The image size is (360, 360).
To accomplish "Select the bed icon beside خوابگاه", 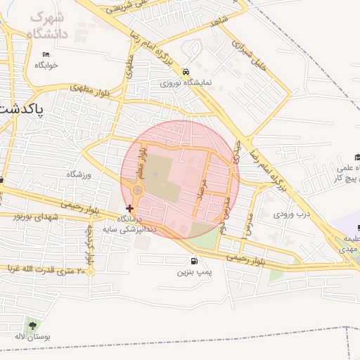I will [x=46, y=54].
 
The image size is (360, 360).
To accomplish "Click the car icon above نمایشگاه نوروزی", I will [x=185, y=72].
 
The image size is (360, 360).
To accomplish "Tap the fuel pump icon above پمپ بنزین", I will [x=193, y=262].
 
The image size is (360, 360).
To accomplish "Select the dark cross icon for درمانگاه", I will [x=129, y=208].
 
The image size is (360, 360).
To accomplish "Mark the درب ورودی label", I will [x=292, y=213].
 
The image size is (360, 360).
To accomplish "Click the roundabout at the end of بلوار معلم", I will [x=138, y=190].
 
